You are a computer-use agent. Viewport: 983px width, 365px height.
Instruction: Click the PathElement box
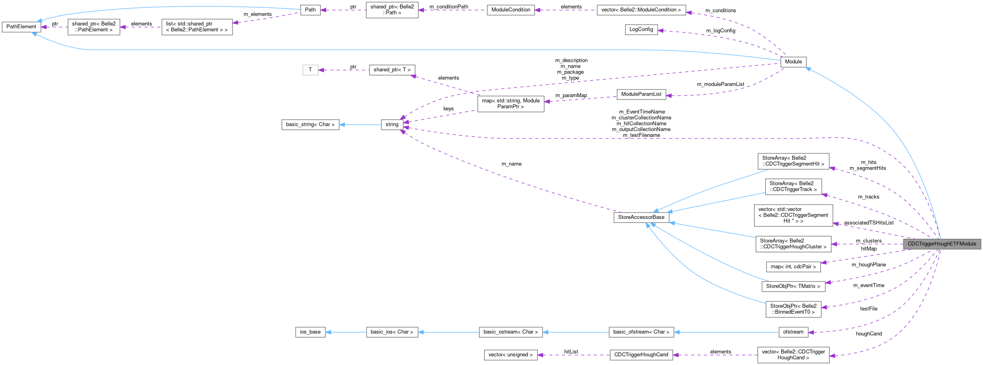(x=21, y=27)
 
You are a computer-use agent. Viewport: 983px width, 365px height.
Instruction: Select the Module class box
(x=793, y=62)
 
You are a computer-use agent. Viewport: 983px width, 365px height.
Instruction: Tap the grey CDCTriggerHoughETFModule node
(x=942, y=244)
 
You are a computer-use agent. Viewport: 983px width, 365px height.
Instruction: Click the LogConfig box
(x=641, y=29)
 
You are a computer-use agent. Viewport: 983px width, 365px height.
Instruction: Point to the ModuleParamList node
(x=641, y=94)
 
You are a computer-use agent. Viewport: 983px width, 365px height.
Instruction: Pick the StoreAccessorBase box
(x=641, y=217)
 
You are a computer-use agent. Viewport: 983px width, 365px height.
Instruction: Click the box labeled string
(x=392, y=125)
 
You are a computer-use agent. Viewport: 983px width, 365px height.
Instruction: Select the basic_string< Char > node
(x=310, y=125)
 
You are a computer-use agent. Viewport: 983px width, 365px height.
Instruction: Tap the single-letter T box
(x=310, y=70)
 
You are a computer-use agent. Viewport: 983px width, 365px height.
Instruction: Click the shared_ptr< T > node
(x=392, y=70)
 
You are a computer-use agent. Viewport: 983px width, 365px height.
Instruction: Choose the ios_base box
(x=310, y=332)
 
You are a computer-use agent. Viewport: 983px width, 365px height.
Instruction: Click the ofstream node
(x=793, y=332)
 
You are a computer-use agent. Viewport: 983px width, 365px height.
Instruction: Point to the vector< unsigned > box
(x=510, y=355)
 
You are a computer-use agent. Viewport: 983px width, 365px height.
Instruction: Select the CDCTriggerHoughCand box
(x=641, y=355)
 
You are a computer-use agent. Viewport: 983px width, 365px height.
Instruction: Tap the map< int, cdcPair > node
(x=793, y=267)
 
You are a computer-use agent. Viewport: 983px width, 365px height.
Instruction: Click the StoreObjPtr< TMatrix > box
(x=793, y=286)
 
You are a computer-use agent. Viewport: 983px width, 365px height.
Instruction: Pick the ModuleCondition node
(x=510, y=10)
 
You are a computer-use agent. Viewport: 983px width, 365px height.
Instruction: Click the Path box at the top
(x=310, y=10)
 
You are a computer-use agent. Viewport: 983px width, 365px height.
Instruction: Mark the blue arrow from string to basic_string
(x=360, y=125)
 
